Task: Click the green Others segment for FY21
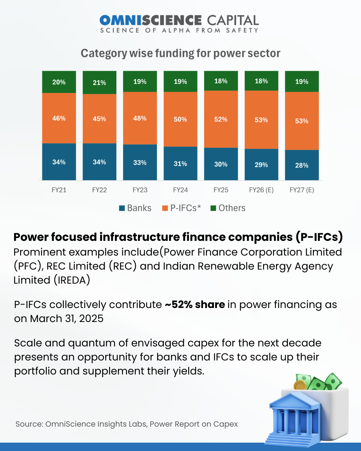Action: pyautogui.click(x=59, y=82)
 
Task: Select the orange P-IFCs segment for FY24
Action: pyautogui.click(x=180, y=119)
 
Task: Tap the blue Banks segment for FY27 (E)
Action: pyautogui.click(x=302, y=165)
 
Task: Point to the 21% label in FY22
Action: pyautogui.click(x=99, y=83)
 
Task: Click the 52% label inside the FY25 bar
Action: pyautogui.click(x=221, y=119)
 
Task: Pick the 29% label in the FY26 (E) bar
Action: pyautogui.click(x=261, y=165)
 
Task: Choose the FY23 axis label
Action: pyautogui.click(x=140, y=190)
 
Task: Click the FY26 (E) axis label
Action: pyautogui.click(x=261, y=190)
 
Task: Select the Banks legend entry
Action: pyautogui.click(x=135, y=208)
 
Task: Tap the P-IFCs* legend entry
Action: pyautogui.click(x=182, y=208)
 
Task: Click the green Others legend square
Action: pyautogui.click(x=213, y=208)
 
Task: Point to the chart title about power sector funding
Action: pyautogui.click(x=180, y=53)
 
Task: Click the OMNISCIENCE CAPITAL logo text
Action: pyautogui.click(x=179, y=20)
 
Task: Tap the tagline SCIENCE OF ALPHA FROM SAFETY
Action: pyautogui.click(x=179, y=30)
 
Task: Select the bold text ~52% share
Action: pyautogui.click(x=195, y=305)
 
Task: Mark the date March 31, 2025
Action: pyautogui.click(x=67, y=319)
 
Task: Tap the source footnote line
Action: pyautogui.click(x=126, y=424)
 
